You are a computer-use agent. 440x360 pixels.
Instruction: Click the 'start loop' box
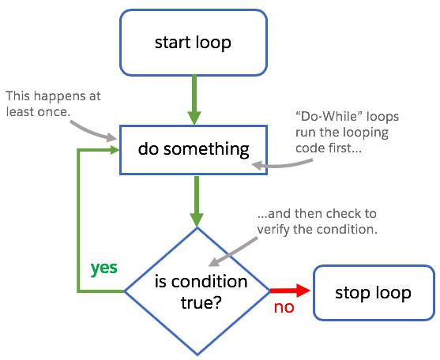[x=193, y=42]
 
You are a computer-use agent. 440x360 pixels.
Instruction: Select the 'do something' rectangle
[x=193, y=148]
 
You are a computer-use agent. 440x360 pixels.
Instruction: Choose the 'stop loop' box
[x=373, y=293]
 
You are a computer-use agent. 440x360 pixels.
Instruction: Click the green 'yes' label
[x=103, y=268]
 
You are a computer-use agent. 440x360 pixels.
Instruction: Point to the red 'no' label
[x=284, y=306]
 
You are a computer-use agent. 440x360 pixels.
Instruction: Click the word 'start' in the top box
[x=172, y=42]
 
